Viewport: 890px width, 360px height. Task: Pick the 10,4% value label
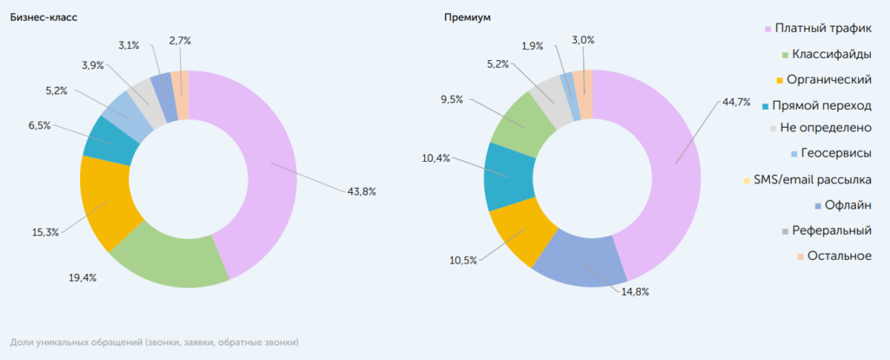tap(438, 157)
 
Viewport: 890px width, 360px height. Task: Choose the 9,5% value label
tap(453, 99)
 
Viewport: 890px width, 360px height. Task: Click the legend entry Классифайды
tap(826, 54)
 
